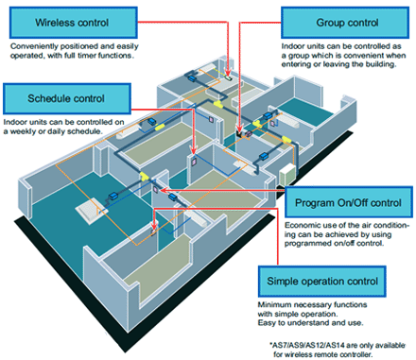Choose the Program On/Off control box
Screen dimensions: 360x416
(347, 203)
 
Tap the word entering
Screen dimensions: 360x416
(299, 66)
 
